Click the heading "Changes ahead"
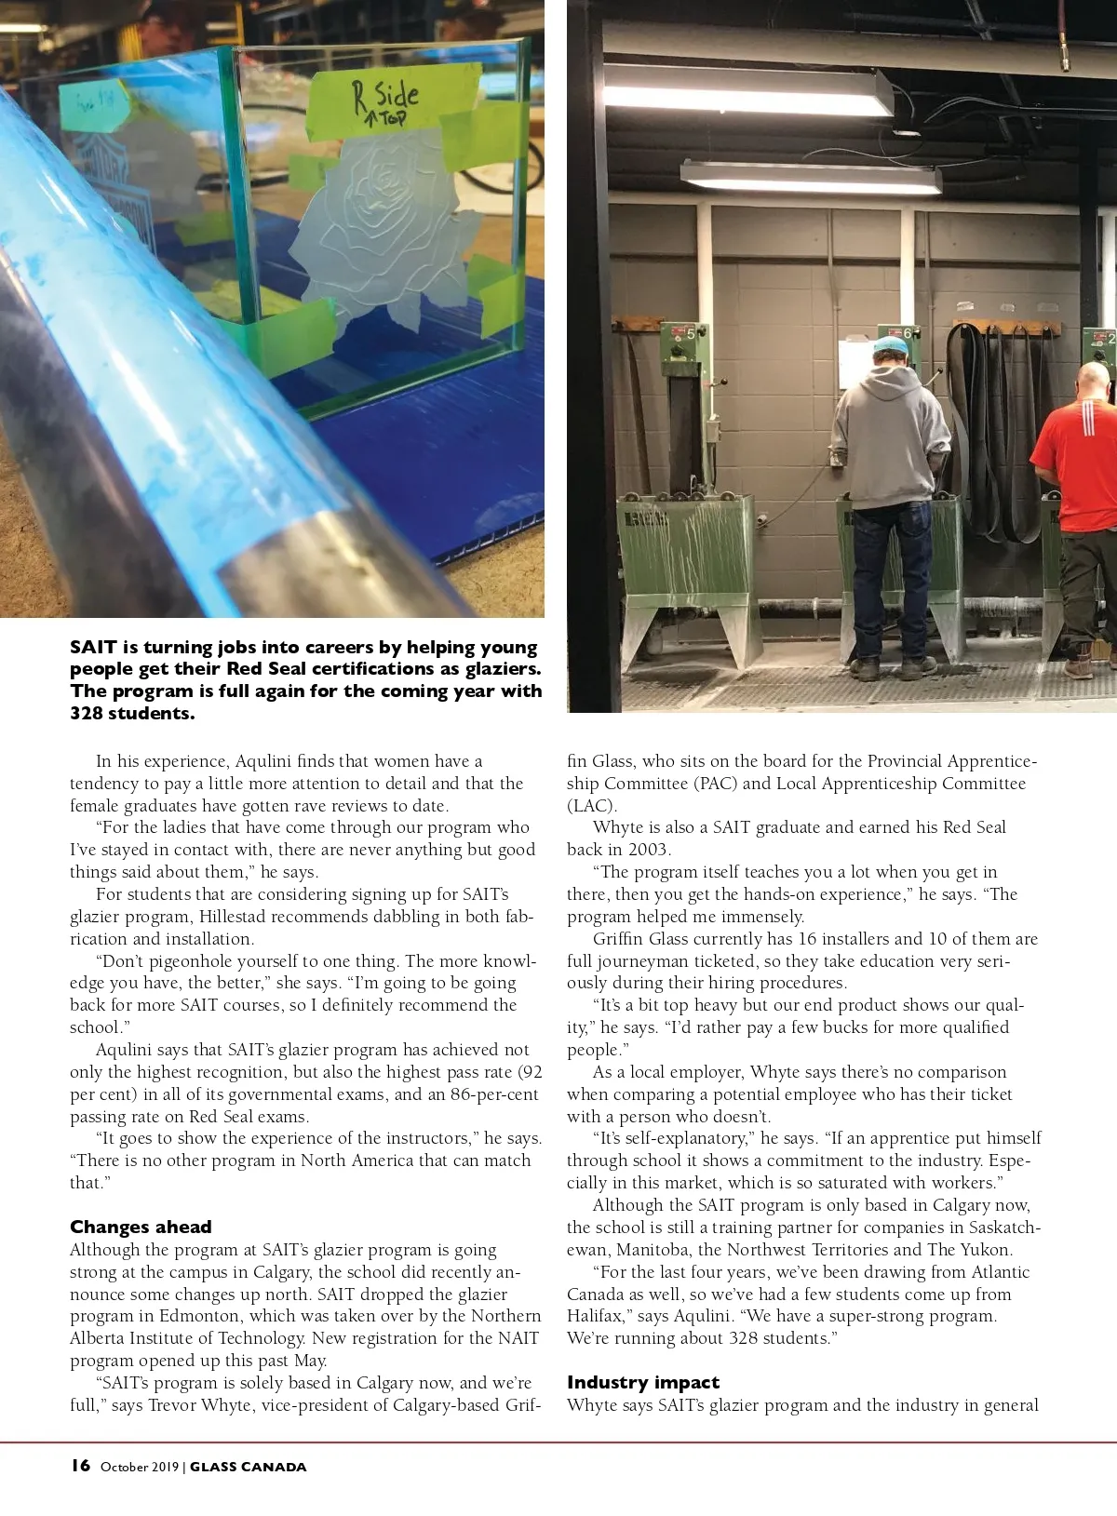[141, 1227]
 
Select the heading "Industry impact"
[642, 1382]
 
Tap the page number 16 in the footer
[80, 1466]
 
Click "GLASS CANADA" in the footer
[249, 1467]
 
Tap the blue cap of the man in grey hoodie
[891, 347]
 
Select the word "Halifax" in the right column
[597, 1316]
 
